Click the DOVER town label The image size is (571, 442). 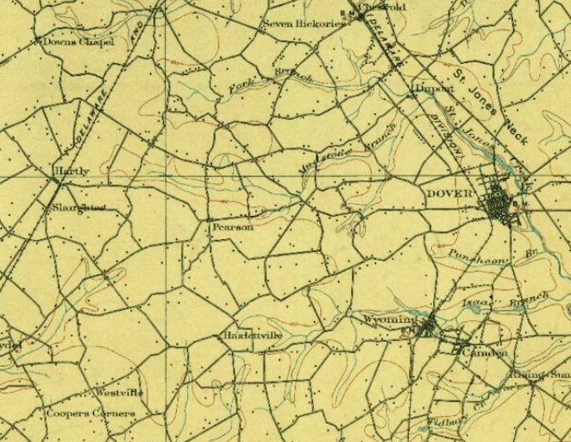click(449, 194)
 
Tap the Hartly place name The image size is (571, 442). click(72, 171)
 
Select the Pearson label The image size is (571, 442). click(233, 227)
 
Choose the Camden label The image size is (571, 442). click(484, 354)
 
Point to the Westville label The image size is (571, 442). click(119, 393)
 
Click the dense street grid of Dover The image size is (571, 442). click(499, 205)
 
